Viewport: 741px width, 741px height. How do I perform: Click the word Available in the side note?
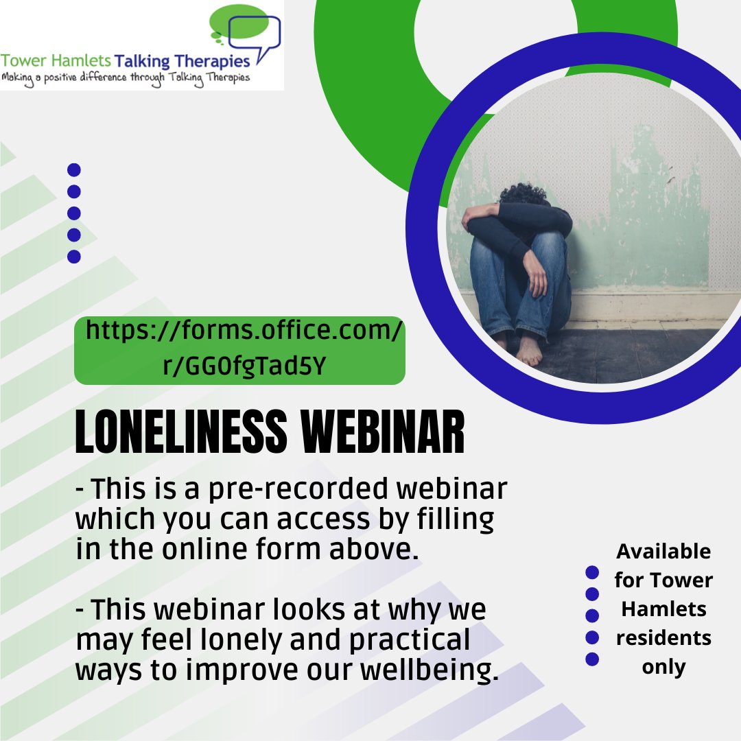tap(663, 551)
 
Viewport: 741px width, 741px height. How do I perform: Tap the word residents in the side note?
tap(663, 637)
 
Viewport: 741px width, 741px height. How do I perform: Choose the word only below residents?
tap(663, 666)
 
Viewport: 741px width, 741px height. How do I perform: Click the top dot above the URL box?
tap(74, 169)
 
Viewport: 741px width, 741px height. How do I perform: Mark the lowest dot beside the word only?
tap(592, 659)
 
